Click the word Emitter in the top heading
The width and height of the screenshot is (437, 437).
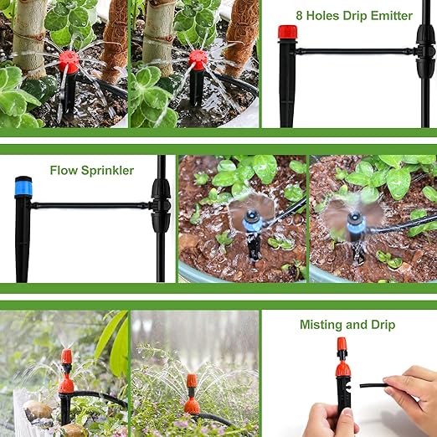(388, 16)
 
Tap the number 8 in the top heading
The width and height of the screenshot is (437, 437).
(300, 16)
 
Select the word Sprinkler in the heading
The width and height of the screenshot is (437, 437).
(105, 171)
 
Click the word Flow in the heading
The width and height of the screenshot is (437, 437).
(62, 171)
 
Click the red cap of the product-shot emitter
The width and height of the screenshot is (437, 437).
(287, 33)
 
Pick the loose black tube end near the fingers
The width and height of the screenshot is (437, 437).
(368, 385)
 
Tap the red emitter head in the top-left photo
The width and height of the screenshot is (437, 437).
(69, 60)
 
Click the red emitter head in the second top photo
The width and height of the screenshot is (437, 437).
(198, 59)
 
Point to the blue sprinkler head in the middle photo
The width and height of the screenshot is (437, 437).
(251, 220)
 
